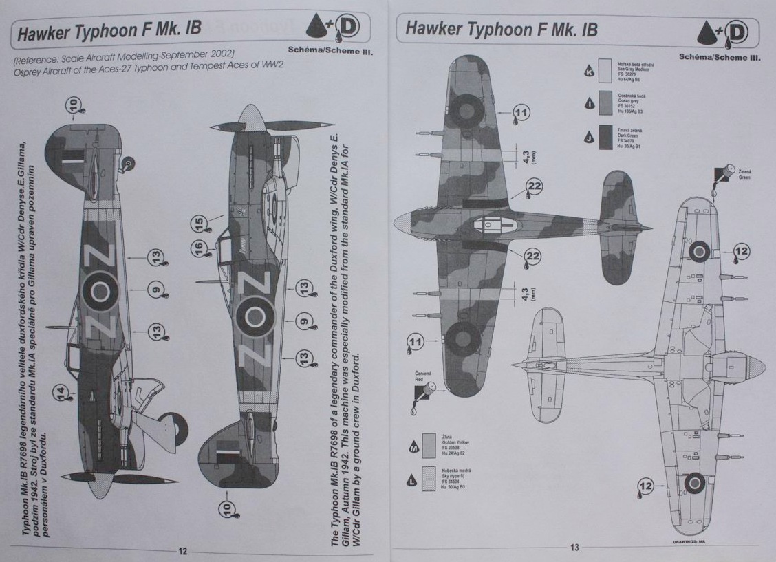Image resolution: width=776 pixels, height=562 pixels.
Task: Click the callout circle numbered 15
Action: [x=198, y=224]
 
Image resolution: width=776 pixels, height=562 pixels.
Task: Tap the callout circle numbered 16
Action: [x=198, y=248]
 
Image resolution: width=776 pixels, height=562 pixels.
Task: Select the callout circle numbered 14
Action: [x=62, y=393]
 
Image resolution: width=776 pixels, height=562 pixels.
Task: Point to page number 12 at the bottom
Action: [x=183, y=550]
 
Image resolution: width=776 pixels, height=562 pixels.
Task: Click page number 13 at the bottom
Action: [x=574, y=548]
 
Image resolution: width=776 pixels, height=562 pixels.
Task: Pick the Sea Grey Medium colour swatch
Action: [x=605, y=71]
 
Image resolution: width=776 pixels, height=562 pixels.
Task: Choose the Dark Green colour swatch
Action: [x=605, y=137]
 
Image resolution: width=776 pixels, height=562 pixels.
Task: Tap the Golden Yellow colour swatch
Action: [x=429, y=446]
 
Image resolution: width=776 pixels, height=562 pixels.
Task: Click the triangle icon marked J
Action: [x=589, y=138]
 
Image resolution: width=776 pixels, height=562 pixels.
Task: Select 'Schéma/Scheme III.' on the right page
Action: [x=720, y=57]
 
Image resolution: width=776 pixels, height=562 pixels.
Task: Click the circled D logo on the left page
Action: [x=349, y=27]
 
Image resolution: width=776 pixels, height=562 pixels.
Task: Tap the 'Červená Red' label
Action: [x=423, y=376]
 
